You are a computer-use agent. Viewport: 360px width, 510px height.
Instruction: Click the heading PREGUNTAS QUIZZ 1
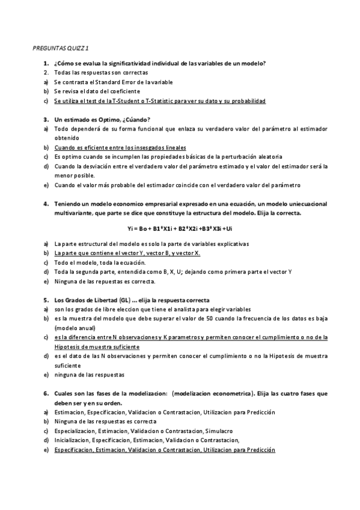[62, 47]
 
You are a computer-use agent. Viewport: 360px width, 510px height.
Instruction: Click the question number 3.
[46, 119]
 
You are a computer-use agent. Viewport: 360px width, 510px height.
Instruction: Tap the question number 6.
[46, 393]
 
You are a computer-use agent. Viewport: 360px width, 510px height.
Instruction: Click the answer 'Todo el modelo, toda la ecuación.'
[99, 263]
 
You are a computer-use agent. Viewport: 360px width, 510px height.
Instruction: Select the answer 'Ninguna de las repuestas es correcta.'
[105, 281]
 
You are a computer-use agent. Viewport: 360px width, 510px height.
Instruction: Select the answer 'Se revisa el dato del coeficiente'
[97, 91]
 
